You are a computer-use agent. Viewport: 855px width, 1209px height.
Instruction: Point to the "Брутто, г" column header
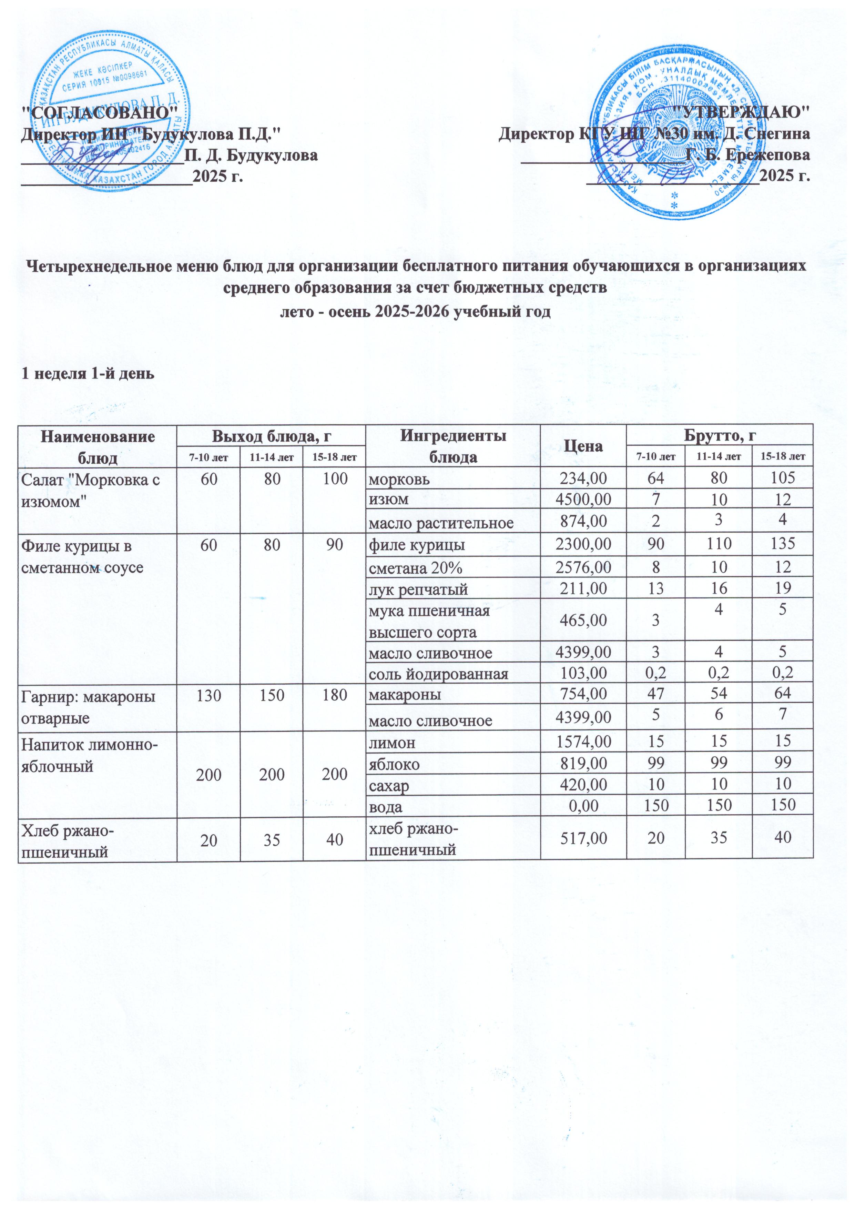pos(719,435)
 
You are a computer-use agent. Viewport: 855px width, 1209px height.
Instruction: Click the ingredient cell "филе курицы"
pos(416,544)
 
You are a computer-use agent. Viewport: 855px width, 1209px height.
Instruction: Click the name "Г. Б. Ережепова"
pos(747,155)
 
